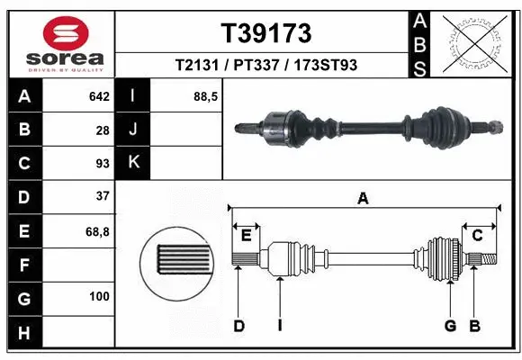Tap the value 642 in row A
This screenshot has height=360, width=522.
(x=99, y=96)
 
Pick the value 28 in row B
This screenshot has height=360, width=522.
(x=103, y=130)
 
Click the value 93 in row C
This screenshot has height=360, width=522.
(x=103, y=164)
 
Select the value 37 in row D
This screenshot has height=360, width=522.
(x=103, y=196)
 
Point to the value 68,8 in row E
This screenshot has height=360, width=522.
(x=97, y=230)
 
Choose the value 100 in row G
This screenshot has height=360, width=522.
(x=99, y=296)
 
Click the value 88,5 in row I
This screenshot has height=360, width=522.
(x=206, y=96)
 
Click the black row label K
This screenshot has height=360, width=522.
(x=133, y=163)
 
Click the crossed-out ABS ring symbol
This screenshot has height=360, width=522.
(x=474, y=42)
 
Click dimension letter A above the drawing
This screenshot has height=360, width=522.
(x=363, y=199)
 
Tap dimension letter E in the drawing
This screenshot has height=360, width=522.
(x=246, y=236)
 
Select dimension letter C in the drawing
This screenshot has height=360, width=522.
(x=478, y=236)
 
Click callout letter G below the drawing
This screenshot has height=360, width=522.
(x=449, y=326)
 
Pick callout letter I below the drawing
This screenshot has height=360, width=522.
(x=280, y=326)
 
